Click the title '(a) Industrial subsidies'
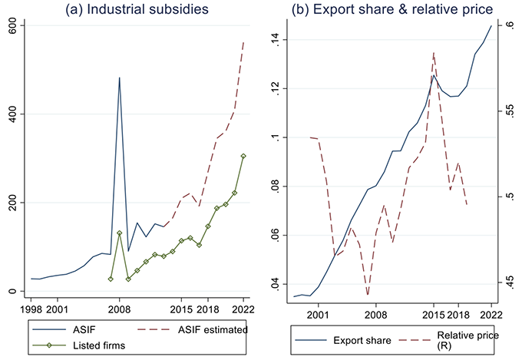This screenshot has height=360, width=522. tap(135, 9)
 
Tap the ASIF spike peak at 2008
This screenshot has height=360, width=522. tap(119, 78)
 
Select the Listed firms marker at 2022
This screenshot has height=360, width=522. tap(243, 156)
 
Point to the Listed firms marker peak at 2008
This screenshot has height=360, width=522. tap(119, 233)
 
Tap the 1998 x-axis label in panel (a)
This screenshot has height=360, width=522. tap(31, 309)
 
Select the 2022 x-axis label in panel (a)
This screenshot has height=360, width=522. tap(243, 309)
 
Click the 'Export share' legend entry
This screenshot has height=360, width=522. tap(358, 339)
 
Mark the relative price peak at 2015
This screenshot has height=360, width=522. tap(434, 53)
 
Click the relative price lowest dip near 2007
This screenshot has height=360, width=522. tap(368, 294)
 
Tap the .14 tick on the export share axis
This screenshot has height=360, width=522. tap(278, 40)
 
